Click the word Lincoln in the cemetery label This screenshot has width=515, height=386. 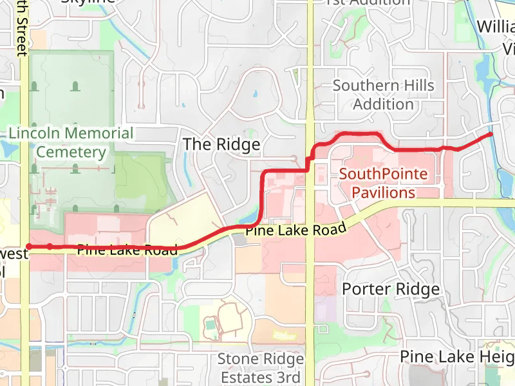tap(32, 134)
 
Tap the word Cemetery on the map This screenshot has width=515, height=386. tap(71, 152)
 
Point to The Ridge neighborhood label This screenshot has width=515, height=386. tap(221, 144)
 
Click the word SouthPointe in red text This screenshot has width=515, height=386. tap(383, 174)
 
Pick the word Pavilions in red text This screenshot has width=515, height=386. tap(383, 192)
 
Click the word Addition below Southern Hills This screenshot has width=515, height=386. tap(383, 104)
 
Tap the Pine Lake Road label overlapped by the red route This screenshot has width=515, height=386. tap(127, 250)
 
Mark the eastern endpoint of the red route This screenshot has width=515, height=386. tap(491, 134)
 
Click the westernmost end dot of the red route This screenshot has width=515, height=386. tap(29, 246)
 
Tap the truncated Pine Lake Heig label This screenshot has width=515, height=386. tap(456, 356)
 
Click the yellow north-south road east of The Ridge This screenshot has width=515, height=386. tap(310, 96)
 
